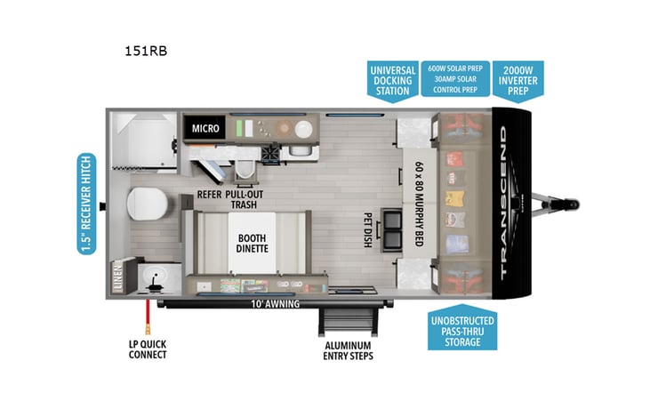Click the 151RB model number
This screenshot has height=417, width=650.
[146, 51]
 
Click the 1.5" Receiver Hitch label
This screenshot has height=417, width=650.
[84, 204]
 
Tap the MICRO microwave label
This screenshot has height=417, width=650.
[205, 129]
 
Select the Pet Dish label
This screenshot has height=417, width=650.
[367, 229]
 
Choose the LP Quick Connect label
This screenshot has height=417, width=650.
[146, 349]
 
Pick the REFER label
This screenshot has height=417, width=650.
[209, 193]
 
